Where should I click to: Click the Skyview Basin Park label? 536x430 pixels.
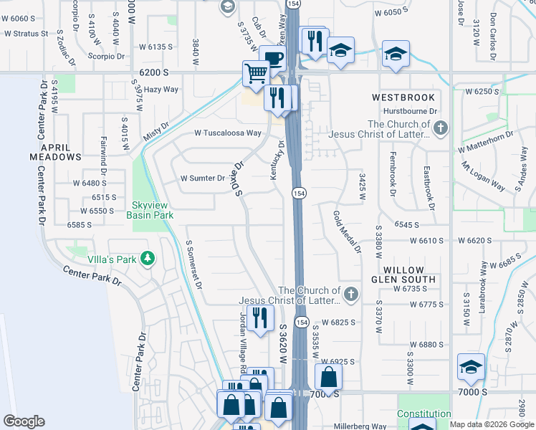(x=150, y=209)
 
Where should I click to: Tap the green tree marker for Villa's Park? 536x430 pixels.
(x=148, y=258)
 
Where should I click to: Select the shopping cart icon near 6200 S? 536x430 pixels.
(x=256, y=72)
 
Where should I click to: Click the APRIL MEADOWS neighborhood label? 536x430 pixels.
(x=55, y=151)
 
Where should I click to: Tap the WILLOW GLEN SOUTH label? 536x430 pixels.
(x=403, y=274)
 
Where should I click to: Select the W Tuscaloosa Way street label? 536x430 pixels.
(x=228, y=133)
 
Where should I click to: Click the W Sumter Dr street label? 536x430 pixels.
(x=203, y=178)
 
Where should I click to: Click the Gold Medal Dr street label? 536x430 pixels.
(x=346, y=232)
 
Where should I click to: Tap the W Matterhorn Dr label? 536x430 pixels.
(x=486, y=141)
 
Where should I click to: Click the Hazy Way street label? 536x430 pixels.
(x=161, y=90)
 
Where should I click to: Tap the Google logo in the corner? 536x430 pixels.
(x=24, y=421)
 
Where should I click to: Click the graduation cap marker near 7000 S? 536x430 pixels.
(x=471, y=366)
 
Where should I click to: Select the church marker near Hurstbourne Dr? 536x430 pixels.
(x=440, y=128)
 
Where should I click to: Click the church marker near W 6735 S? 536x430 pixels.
(x=350, y=294)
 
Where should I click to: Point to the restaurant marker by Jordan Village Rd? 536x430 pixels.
(x=260, y=316)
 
